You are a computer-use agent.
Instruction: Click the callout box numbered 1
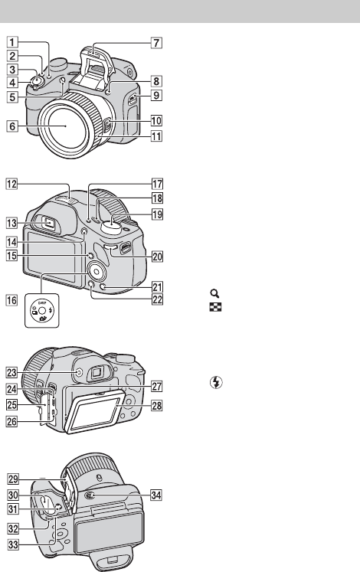point(12,42)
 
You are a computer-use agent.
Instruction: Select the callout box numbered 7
point(156,43)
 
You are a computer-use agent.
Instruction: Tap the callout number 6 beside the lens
point(12,126)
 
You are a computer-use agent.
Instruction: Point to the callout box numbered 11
point(156,136)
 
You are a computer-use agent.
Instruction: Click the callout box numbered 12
point(11,184)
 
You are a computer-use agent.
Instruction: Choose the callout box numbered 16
point(11,300)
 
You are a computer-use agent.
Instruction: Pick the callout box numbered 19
point(157,214)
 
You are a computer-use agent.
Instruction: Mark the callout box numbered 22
point(157,300)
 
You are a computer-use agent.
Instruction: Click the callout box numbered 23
point(11,372)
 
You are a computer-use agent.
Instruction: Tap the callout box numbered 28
point(157,405)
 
